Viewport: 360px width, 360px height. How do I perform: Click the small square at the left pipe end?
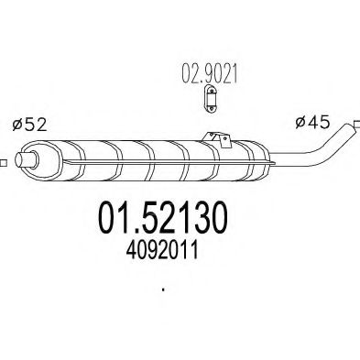3,164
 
